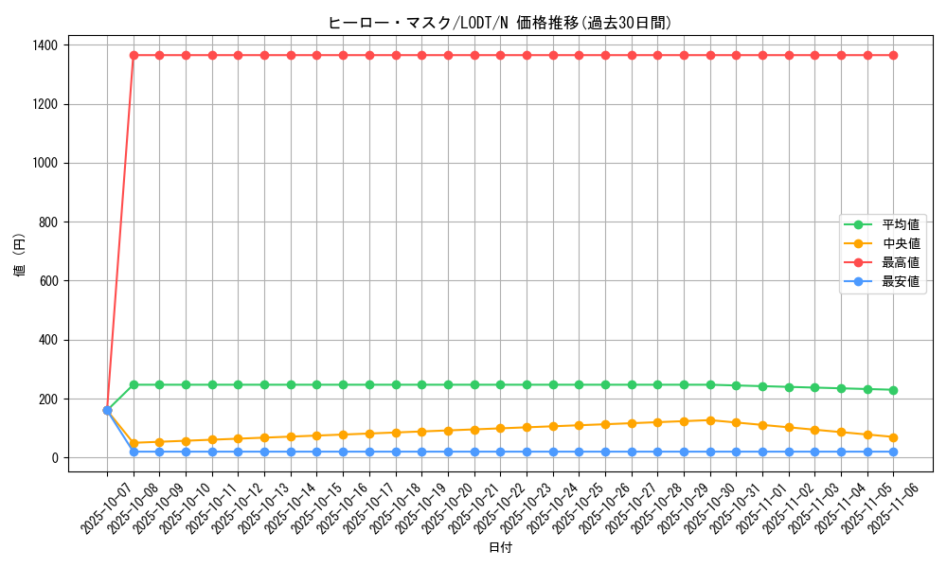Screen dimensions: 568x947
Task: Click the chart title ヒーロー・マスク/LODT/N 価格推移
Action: coord(500,23)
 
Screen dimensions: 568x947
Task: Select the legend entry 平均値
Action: coord(900,224)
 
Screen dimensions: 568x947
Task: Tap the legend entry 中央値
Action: coord(900,243)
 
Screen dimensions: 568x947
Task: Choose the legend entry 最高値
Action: coord(900,262)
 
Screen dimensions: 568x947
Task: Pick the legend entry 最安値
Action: coord(900,281)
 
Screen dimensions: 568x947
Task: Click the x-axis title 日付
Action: coord(500,548)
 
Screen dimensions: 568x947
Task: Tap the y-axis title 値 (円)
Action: coord(20,256)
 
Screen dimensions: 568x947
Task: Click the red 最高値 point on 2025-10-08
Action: coord(134,55)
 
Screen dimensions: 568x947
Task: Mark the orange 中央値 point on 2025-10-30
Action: coord(710,420)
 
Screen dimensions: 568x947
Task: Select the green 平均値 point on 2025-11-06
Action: coord(894,390)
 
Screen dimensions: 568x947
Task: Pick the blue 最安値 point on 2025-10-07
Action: coord(107,411)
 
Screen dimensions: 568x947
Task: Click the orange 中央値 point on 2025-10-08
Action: coord(134,443)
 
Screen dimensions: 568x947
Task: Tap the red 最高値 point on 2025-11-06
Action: coord(894,55)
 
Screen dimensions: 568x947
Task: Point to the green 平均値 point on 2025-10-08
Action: coord(134,384)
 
